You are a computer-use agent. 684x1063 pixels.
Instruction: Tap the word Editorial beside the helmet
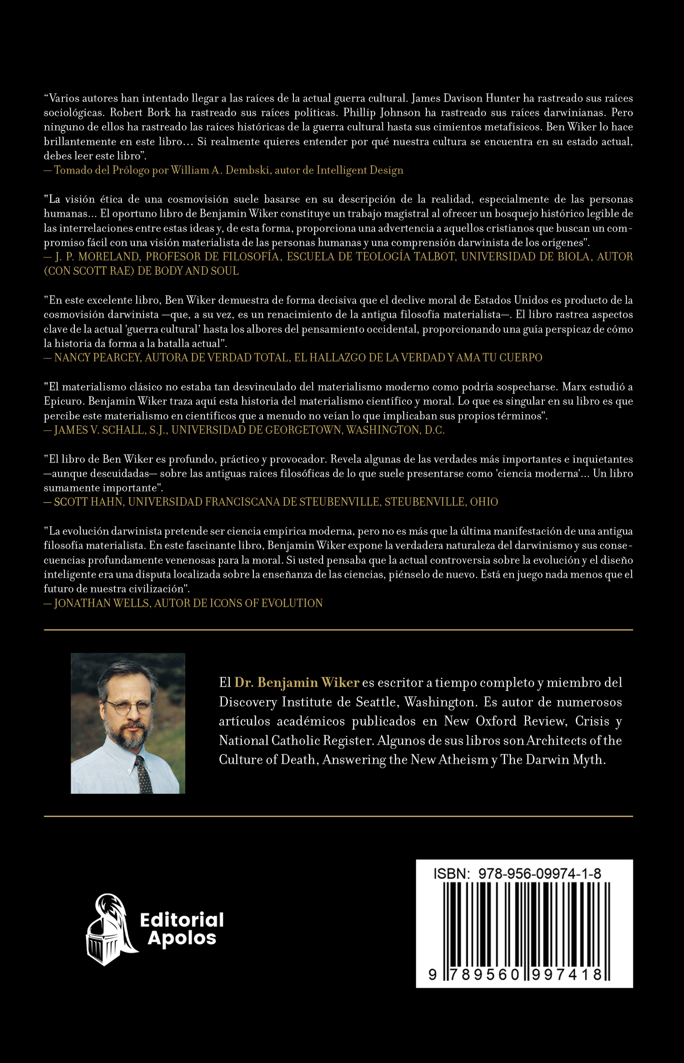182,919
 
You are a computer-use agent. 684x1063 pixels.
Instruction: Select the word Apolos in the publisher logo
182,938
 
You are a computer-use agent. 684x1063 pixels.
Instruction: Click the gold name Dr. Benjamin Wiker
297,682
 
